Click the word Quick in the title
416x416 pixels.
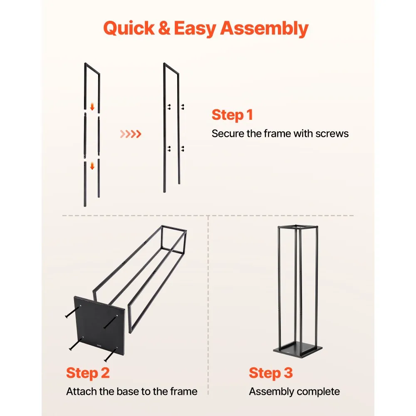tap(129, 29)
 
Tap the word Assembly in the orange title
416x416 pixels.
tap(264, 29)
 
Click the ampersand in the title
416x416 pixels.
tap(164, 28)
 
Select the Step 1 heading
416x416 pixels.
tap(232, 115)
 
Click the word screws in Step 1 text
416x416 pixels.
tap(332, 134)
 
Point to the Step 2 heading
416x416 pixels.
tap(88, 373)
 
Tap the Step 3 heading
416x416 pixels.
tap(271, 373)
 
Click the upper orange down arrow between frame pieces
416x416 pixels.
tap(92, 107)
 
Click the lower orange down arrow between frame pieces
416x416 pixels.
tap(92, 166)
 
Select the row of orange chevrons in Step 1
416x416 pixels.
tap(131, 134)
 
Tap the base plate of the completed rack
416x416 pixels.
tap(298, 350)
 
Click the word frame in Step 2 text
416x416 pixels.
tap(183, 391)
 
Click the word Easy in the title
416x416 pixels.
tap(194, 29)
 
